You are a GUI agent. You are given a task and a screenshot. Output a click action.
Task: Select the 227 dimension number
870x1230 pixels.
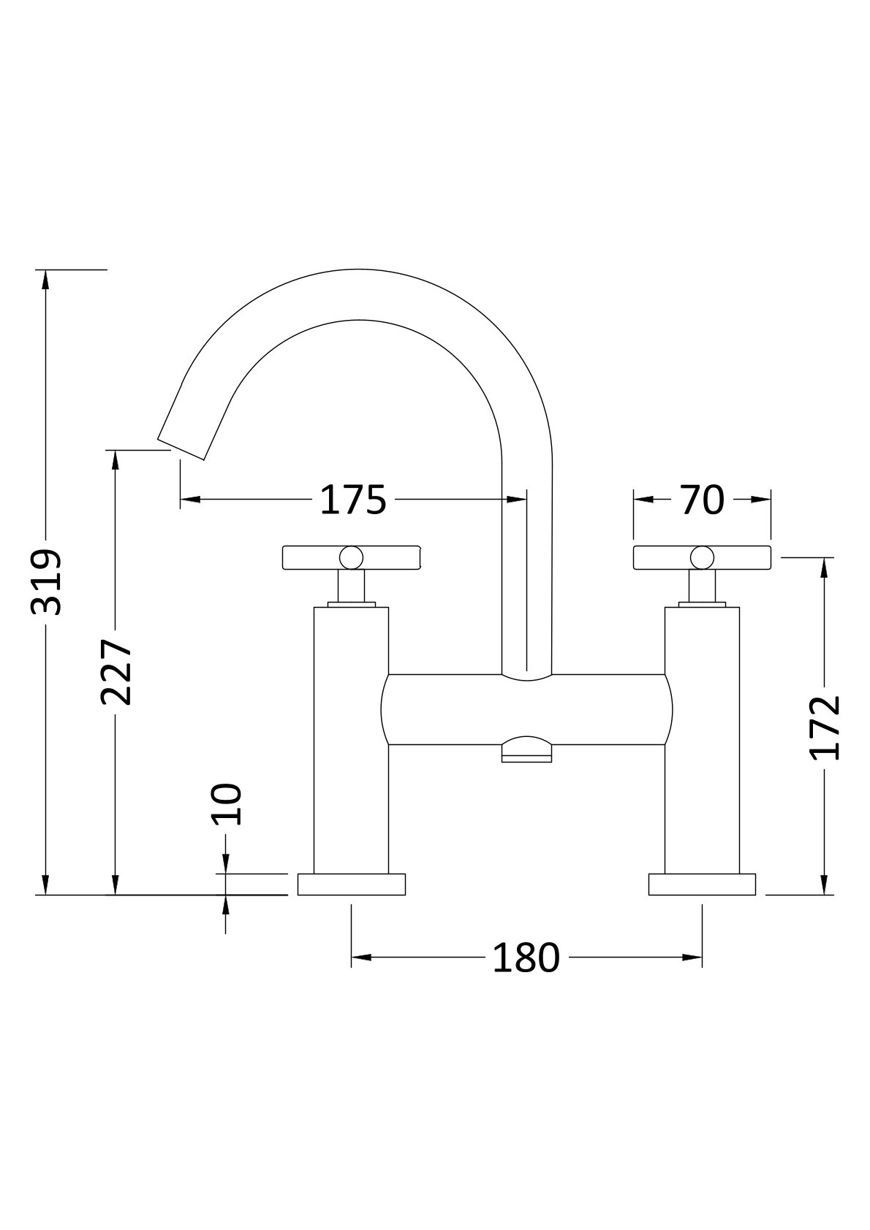(116, 672)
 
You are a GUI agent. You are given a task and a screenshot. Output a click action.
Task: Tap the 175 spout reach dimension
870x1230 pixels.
(353, 500)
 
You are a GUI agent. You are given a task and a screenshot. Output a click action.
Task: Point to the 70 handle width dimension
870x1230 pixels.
(702, 500)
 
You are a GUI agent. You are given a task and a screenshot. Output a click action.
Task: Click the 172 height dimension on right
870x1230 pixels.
(825, 727)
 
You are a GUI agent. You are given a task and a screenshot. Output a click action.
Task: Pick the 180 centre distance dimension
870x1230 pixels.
(526, 957)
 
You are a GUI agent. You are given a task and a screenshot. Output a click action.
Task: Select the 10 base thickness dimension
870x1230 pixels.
(227, 803)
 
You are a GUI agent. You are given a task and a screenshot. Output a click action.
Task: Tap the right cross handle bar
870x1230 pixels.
(738, 557)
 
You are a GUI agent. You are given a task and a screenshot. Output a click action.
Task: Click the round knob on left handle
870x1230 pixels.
(352, 557)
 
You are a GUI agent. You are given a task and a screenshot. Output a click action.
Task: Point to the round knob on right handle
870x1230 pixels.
(702, 557)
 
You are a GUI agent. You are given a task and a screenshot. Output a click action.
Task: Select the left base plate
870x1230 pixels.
(352, 885)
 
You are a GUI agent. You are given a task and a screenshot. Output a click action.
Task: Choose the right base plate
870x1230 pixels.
(702, 885)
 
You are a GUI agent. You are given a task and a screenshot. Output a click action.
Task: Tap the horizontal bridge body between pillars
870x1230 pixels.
(526, 709)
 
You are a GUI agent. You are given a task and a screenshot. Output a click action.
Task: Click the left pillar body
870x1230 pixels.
(352, 738)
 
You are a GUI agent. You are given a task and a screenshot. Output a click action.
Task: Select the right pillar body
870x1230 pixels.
(702, 738)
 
